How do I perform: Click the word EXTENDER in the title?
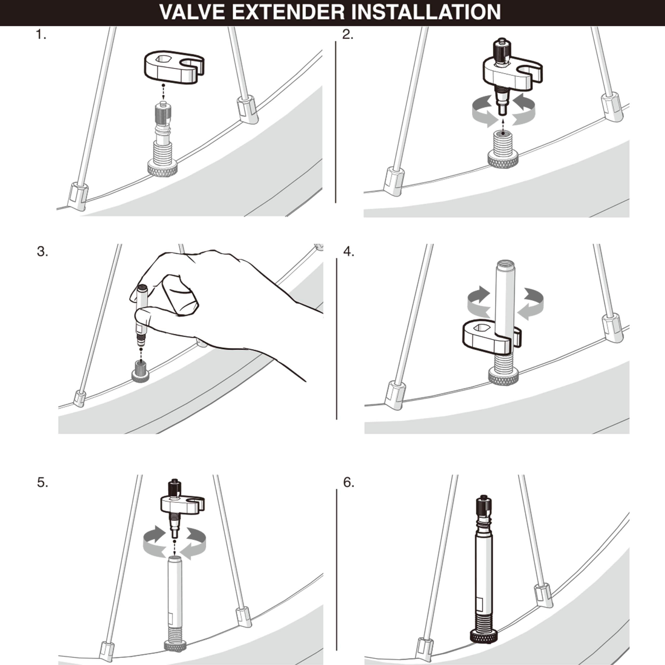pos(288,12)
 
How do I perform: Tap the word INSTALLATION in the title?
pos(426,12)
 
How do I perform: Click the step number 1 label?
pos(41,35)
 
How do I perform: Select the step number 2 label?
pos(348,35)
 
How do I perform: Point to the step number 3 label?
pos(42,252)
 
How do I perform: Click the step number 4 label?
pos(349,252)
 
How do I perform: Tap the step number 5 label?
pos(43,483)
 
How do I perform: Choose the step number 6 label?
pos(349,483)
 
